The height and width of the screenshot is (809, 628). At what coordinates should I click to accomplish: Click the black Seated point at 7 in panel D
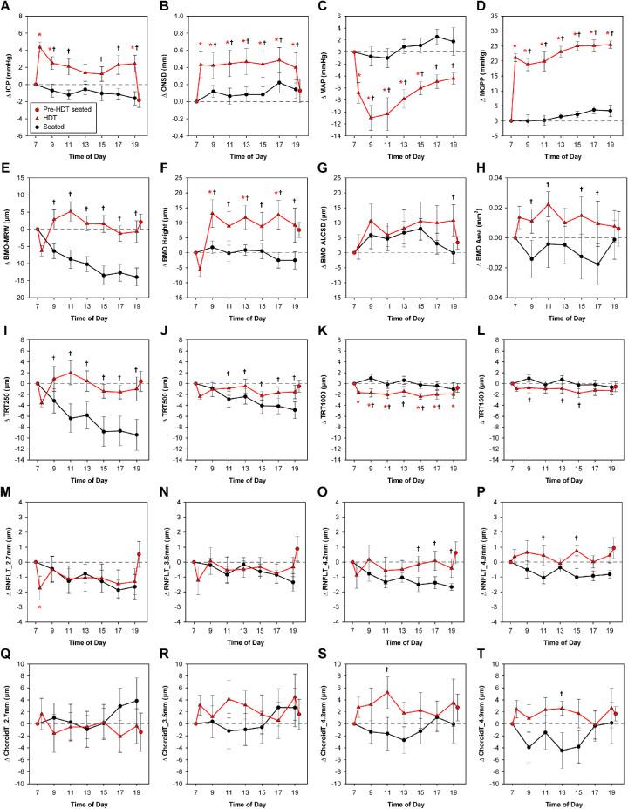513,120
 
